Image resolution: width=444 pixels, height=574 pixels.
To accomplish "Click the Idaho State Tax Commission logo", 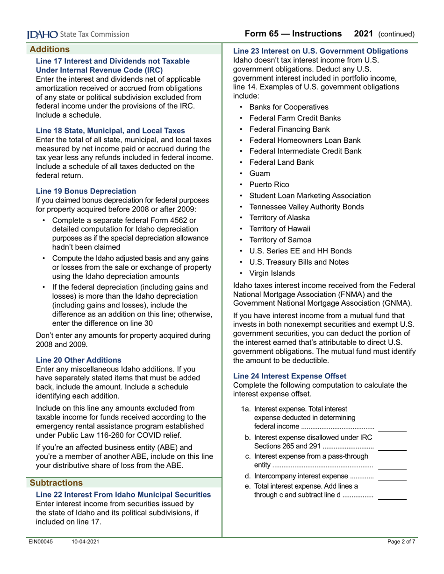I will pyautogui.click(x=78, y=34).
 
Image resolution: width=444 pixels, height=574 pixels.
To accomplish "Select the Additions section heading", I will pyautogui.click(x=50, y=49).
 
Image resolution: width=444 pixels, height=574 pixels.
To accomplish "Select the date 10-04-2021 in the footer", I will pyautogui.click(x=85, y=541).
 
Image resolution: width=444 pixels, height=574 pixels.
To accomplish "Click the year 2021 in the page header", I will pyautogui.click(x=363, y=34).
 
